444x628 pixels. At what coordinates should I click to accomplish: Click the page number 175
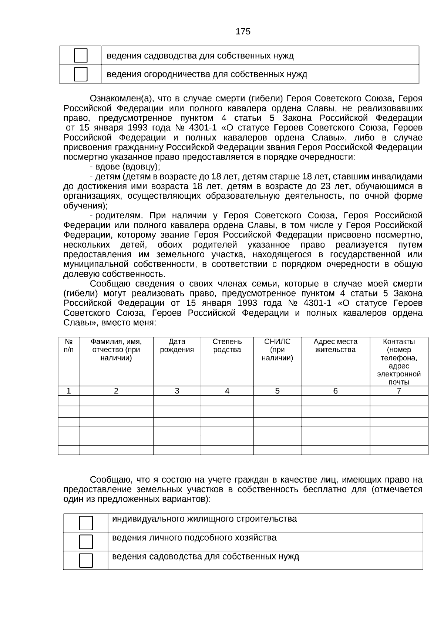[243, 31]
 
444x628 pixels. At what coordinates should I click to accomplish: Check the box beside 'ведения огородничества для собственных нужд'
[81, 74]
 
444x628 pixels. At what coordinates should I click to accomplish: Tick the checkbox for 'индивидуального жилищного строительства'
[86, 523]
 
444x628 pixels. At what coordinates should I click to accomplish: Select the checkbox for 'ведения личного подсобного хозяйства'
[86, 542]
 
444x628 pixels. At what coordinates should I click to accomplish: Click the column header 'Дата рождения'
[177, 346]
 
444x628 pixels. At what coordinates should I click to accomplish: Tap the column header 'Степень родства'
[227, 346]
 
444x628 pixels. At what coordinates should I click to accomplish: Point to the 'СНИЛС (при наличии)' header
[277, 350]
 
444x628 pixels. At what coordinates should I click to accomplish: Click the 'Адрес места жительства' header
[335, 346]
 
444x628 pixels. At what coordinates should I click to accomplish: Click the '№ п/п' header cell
[68, 346]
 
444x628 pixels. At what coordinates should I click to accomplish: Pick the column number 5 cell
[277, 391]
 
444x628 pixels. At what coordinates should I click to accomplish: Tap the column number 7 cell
[399, 391]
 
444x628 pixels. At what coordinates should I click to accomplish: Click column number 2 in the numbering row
[116, 391]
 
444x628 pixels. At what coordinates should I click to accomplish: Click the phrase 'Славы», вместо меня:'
[110, 323]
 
